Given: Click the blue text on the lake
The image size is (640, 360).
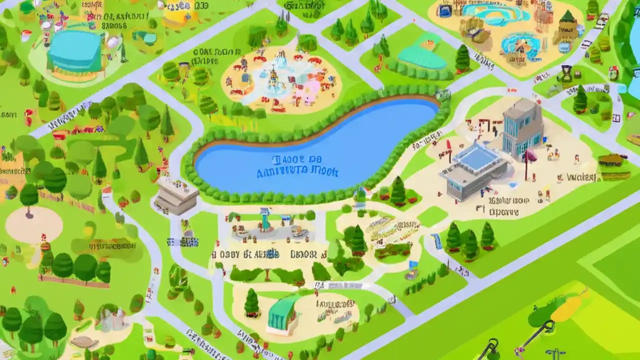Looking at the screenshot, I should [x=297, y=166].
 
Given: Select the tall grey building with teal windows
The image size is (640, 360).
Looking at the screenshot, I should [x=522, y=125].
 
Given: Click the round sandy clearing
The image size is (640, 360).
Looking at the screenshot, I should [x=34, y=224].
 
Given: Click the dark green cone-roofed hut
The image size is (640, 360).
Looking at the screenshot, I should [x=567, y=22].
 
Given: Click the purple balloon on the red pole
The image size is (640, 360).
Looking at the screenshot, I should [x=530, y=157].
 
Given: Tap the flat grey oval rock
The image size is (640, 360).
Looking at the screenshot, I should [x=85, y=342].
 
